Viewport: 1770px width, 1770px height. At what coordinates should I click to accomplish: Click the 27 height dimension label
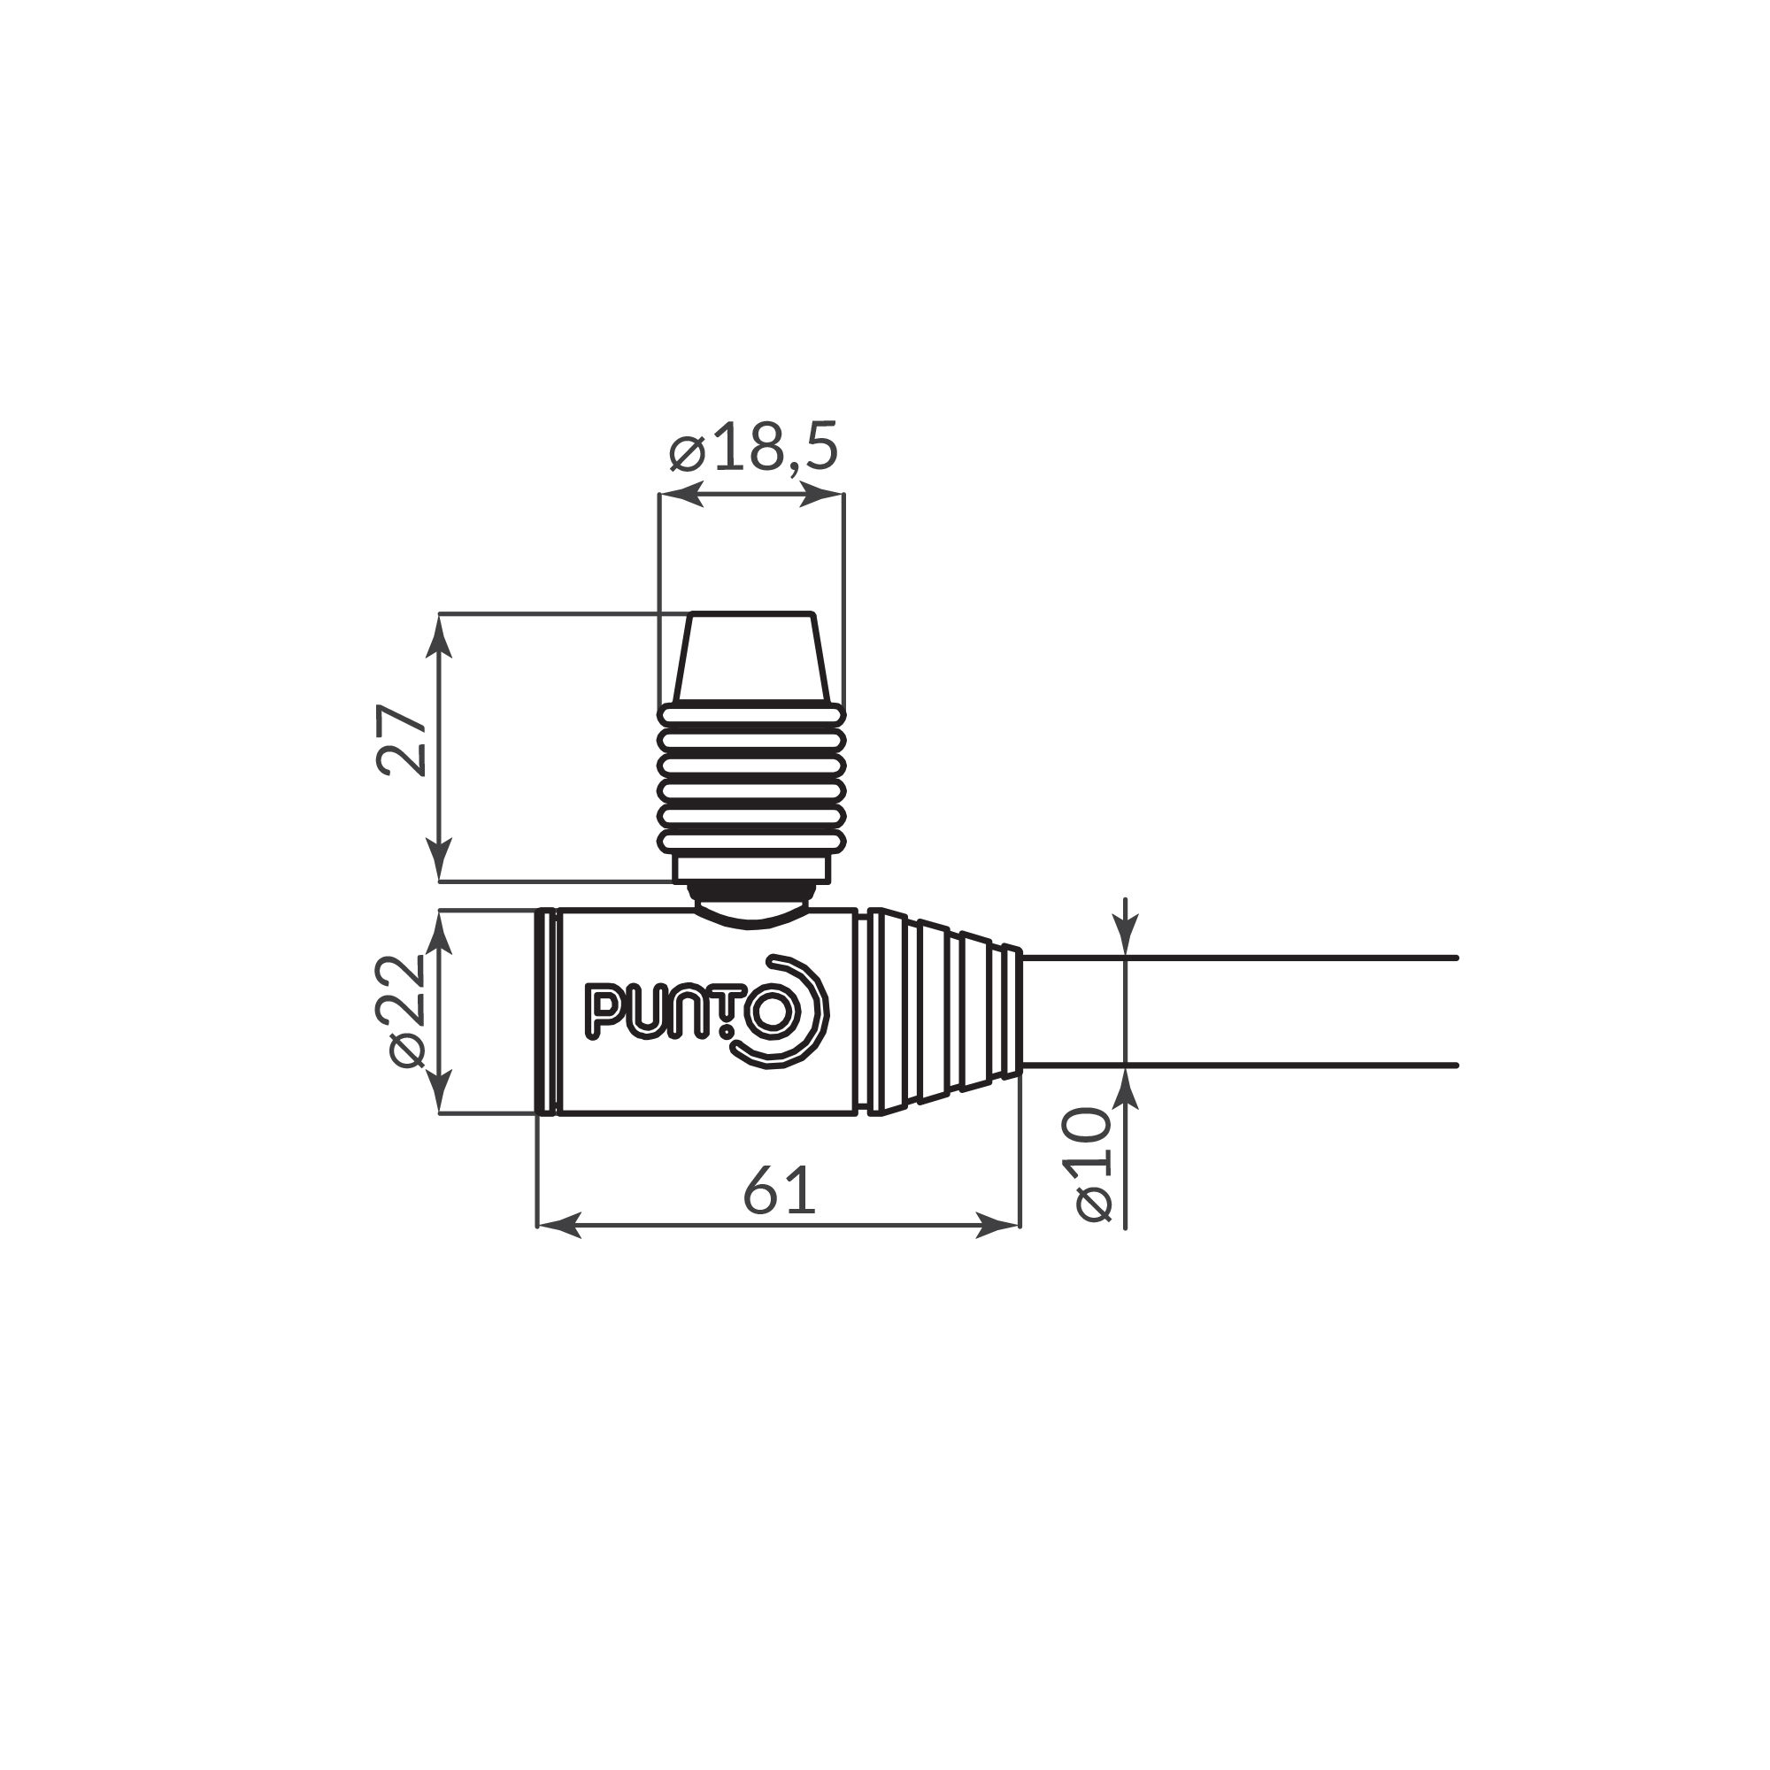(x=403, y=740)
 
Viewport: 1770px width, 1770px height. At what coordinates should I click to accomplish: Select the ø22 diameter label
(x=407, y=1011)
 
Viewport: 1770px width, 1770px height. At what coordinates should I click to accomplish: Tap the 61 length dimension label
(x=779, y=1191)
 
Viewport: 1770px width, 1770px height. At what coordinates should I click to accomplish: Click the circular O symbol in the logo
(x=773, y=1014)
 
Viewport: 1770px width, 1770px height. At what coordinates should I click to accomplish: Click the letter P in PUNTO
(x=602, y=1012)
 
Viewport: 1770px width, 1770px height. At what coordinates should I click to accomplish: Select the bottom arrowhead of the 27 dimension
(x=441, y=861)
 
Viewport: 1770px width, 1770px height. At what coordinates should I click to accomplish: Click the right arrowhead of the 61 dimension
(x=998, y=1225)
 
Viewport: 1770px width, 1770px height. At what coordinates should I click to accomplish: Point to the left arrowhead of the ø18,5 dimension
(x=681, y=495)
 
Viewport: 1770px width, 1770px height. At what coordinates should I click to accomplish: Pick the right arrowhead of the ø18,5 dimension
(x=822, y=495)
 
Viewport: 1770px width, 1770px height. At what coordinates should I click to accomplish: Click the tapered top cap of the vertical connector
(x=751, y=657)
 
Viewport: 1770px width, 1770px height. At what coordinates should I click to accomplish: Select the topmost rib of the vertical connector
(x=751, y=714)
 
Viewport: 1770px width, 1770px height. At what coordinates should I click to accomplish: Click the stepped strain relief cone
(x=943, y=1012)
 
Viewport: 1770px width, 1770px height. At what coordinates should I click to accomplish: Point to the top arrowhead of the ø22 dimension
(x=441, y=932)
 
